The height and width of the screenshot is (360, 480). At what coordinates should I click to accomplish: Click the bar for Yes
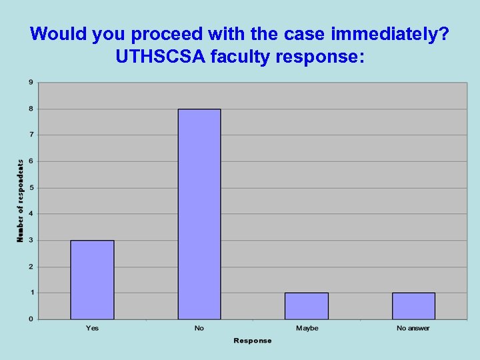(x=92, y=279)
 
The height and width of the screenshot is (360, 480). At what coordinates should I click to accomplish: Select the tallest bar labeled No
(x=199, y=214)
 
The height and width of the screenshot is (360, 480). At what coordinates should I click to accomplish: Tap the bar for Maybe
(x=307, y=305)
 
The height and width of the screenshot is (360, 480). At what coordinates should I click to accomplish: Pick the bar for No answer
(x=413, y=305)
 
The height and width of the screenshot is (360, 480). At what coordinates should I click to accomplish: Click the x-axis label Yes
(x=92, y=328)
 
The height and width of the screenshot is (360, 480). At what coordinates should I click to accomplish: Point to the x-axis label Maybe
(x=307, y=328)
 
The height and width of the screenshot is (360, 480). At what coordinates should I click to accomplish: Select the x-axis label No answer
(x=413, y=328)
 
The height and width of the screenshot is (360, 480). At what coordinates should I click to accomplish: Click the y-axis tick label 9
(x=30, y=83)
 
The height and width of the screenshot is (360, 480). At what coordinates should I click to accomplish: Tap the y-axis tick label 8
(x=30, y=109)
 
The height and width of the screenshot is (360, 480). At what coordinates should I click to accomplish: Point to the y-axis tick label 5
(x=30, y=187)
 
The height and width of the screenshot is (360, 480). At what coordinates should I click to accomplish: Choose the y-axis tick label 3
(x=30, y=240)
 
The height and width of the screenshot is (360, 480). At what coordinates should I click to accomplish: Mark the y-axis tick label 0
(x=30, y=319)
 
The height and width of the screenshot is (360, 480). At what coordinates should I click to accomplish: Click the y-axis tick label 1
(x=30, y=293)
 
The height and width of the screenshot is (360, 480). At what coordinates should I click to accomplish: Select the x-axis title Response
(x=253, y=341)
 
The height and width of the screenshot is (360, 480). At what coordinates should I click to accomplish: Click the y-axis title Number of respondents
(x=20, y=200)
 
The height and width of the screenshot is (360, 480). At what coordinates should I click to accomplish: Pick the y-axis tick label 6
(x=30, y=161)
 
